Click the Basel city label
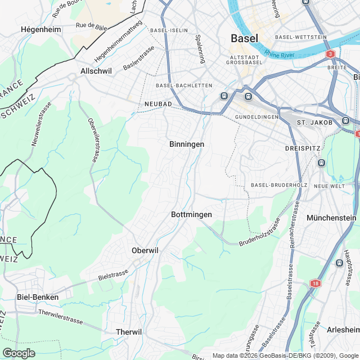(x=245, y=39)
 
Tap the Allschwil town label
(x=96, y=71)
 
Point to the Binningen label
(x=186, y=145)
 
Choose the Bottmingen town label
(x=191, y=215)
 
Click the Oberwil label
(x=146, y=250)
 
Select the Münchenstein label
(x=332, y=217)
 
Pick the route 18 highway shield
(x=314, y=285)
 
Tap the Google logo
(x=19, y=353)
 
